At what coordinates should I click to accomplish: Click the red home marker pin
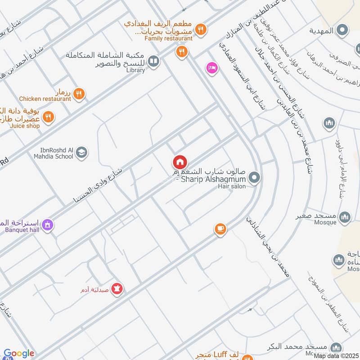click(x=179, y=162)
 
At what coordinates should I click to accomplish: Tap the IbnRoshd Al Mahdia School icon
click(x=81, y=153)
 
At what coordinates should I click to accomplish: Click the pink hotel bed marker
click(x=211, y=68)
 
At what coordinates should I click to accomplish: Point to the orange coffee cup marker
click(x=220, y=229)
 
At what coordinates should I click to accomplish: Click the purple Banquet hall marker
click(x=48, y=224)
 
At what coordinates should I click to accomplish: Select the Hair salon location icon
click(x=254, y=178)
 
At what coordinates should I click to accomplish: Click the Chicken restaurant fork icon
click(x=79, y=94)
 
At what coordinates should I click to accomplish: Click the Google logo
click(x=19, y=354)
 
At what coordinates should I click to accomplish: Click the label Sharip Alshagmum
click(x=211, y=180)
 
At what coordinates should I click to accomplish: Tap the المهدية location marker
click(x=343, y=31)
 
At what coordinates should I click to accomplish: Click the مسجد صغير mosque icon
click(x=345, y=217)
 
